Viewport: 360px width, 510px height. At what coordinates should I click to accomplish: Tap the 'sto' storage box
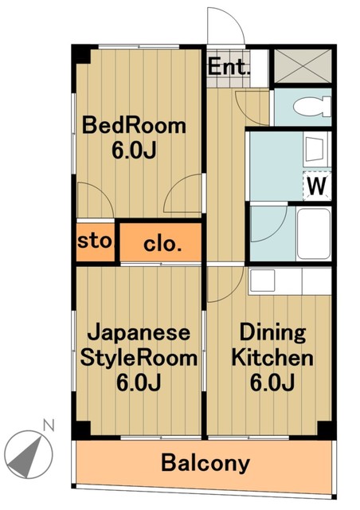click(96, 241)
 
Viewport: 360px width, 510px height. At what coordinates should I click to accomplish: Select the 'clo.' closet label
click(162, 245)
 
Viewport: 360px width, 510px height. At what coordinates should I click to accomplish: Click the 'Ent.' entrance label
click(229, 67)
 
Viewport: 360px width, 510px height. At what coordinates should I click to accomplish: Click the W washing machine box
click(317, 187)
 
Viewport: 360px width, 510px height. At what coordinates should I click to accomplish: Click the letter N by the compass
click(47, 425)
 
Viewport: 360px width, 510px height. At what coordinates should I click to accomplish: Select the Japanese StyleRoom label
click(139, 345)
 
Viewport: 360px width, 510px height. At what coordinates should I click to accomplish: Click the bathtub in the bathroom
click(313, 231)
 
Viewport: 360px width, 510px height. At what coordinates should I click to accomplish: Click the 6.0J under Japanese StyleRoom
click(139, 382)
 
